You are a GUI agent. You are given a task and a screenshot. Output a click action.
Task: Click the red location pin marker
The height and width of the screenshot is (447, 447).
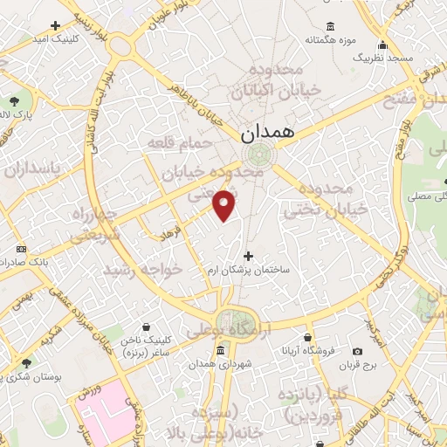pyautogui.click(x=225, y=205)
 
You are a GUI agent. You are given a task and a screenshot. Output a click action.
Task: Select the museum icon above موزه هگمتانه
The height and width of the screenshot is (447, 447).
pyautogui.click(x=328, y=25)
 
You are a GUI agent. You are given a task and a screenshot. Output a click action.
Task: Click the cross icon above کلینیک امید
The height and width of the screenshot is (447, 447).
pyautogui.click(x=56, y=25)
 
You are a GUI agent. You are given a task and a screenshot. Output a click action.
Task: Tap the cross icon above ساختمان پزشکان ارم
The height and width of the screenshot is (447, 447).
pyautogui.click(x=249, y=256)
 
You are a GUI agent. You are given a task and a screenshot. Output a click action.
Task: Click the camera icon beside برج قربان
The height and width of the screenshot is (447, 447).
pyautogui.click(x=357, y=351)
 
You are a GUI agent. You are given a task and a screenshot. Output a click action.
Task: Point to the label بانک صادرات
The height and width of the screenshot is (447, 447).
pyautogui.click(x=24, y=261)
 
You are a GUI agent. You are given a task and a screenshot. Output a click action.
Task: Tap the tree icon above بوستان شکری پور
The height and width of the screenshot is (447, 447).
pyautogui.click(x=26, y=361)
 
